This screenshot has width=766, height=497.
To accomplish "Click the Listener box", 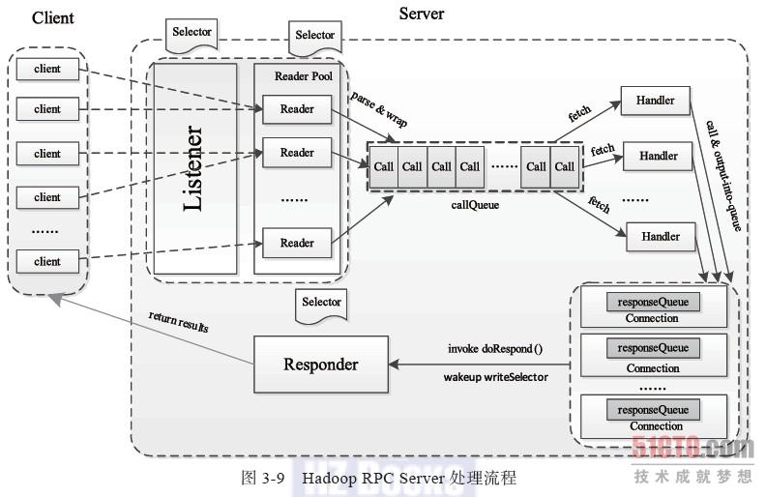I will [194, 168].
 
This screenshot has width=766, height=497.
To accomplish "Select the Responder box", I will [320, 365].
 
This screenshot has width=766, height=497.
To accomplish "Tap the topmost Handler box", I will [655, 101].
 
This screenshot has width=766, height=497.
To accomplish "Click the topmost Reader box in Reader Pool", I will [297, 109].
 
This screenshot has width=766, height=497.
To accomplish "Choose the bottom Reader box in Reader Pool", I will [297, 243].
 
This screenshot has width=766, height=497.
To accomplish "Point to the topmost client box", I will [47, 69].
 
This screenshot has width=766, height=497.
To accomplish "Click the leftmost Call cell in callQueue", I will [384, 165].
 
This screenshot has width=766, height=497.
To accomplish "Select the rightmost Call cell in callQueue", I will [565, 165].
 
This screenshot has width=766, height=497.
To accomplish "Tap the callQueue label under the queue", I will [475, 205].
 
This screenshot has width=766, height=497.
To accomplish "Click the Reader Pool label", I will [303, 76].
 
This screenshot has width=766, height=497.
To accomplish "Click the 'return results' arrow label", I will [178, 322].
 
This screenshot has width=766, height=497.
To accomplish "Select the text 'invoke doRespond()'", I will [495, 348].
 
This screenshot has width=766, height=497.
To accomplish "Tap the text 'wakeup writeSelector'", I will [496, 376].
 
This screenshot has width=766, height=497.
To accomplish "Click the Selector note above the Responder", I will [321, 303].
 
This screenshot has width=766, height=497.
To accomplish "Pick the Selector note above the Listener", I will [191, 33].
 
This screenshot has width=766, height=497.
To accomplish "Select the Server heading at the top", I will [422, 14].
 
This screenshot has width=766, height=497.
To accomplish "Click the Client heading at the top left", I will [53, 17].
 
